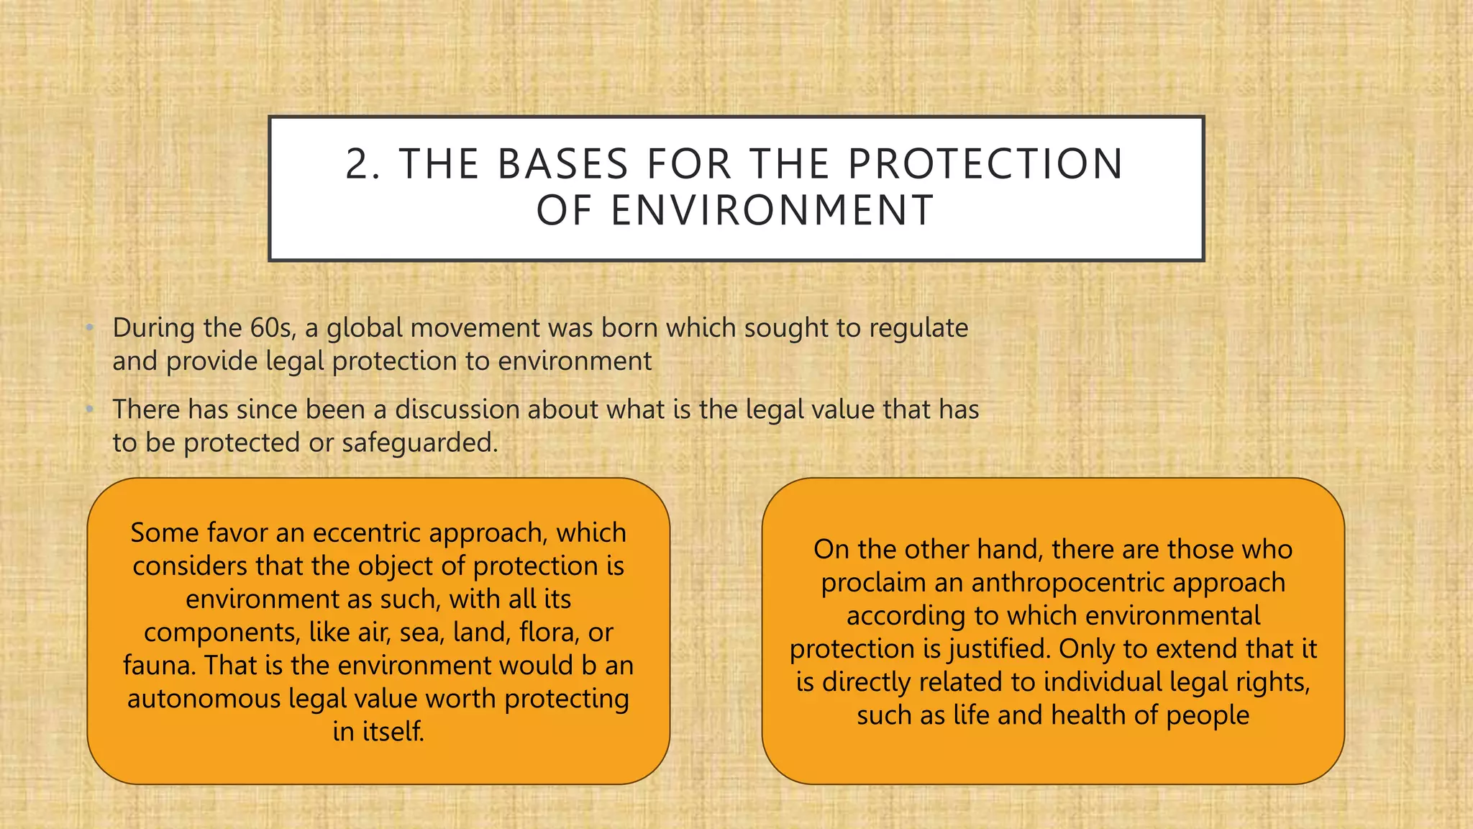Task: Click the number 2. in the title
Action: tap(362, 164)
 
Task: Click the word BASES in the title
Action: tap(563, 164)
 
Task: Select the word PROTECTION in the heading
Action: tap(985, 164)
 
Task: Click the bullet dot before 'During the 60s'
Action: tap(89, 329)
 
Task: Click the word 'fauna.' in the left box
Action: tap(159, 666)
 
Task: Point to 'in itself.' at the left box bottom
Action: tap(378, 732)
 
